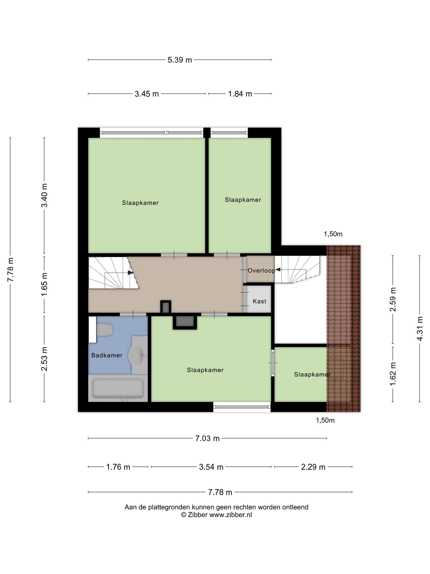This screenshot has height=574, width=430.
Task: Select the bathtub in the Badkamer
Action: pos(118,388)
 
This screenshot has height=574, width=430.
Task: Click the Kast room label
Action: pos(259,301)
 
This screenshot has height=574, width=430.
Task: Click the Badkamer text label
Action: pos(107,355)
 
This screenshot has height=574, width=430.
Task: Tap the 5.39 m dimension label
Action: pos(180,60)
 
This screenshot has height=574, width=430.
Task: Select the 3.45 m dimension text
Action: pos(147,94)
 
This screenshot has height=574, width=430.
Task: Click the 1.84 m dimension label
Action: pos(240,94)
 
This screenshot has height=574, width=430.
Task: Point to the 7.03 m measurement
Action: pos(207,438)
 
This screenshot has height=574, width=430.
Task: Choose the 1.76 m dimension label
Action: pos(118,467)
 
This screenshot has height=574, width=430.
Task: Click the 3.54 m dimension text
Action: pos(211,467)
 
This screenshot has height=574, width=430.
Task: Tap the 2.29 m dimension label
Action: pos(313,467)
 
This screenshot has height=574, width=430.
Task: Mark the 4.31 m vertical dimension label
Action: pos(420,329)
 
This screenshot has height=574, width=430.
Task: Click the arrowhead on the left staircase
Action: pos(130,272)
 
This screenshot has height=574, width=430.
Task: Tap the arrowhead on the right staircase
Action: pos(278,270)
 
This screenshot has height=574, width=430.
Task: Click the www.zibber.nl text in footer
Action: pos(231,515)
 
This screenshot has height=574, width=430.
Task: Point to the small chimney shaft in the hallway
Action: pos(166,307)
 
